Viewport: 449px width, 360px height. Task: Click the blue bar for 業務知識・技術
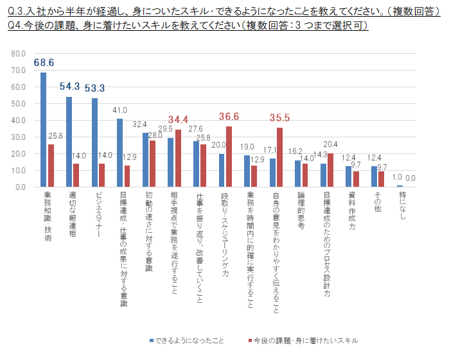(44, 130)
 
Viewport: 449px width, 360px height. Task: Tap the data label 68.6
(44, 63)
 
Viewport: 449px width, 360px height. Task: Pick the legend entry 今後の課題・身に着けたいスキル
(302, 340)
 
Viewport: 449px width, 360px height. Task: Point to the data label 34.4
(178, 119)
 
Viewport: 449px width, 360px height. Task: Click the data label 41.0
(120, 110)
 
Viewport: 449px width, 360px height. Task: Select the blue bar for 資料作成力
(349, 177)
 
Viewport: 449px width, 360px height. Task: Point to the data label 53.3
(95, 89)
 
